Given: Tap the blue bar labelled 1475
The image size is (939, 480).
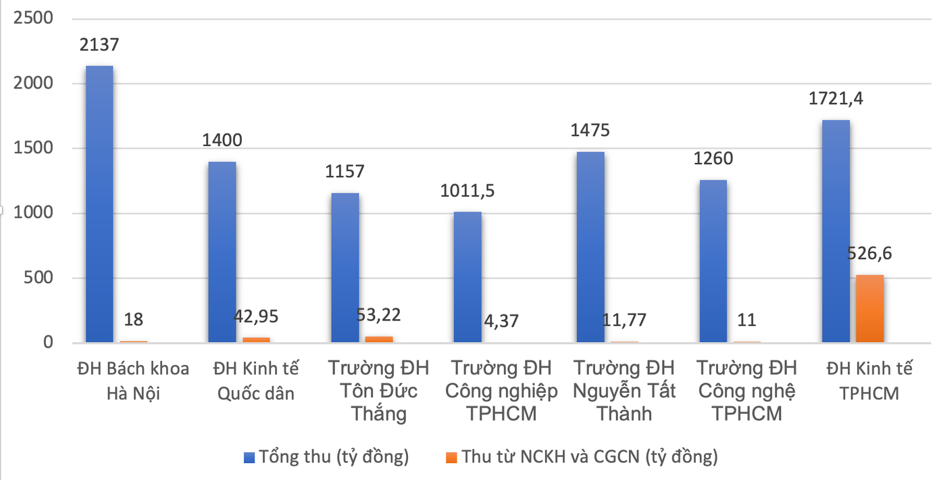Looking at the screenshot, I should click(590, 247).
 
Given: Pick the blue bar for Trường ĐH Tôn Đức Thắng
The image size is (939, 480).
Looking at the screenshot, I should click(345, 268).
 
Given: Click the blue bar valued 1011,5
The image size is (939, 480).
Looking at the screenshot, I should click(467, 277).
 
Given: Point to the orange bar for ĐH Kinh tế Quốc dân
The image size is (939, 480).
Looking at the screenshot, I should click(256, 340).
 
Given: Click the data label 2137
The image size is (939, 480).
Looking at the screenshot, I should click(99, 45).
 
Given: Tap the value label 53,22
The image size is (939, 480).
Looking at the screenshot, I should click(379, 315).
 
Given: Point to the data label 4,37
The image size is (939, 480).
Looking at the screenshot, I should click(501, 320).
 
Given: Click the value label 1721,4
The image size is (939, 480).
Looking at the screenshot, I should click(836, 99).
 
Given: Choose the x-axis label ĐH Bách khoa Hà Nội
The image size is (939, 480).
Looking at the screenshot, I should click(133, 381).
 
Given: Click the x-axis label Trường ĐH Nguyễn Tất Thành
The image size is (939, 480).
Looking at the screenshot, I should click(624, 391).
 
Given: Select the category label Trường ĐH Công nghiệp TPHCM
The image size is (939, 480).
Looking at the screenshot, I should click(501, 391).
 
